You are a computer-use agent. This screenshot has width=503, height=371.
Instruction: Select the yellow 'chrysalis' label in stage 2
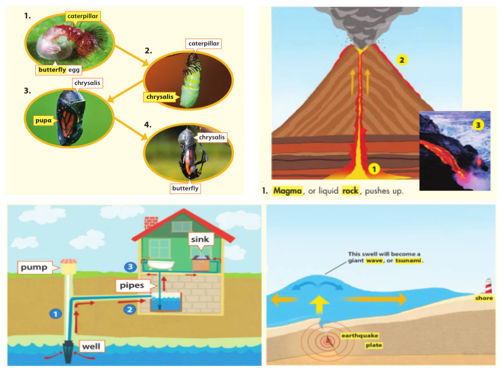point(160,97)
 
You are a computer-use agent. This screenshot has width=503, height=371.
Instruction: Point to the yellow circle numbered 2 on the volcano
point(403,60)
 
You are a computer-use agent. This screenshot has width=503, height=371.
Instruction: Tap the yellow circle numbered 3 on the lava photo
point(478,125)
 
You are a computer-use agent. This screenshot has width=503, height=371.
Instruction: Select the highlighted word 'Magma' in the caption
point(288,190)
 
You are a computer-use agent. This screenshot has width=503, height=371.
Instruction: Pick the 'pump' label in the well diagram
point(34,268)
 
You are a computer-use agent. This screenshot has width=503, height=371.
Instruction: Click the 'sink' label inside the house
point(200,240)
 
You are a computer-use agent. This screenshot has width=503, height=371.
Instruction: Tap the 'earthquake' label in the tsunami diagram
point(360,336)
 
